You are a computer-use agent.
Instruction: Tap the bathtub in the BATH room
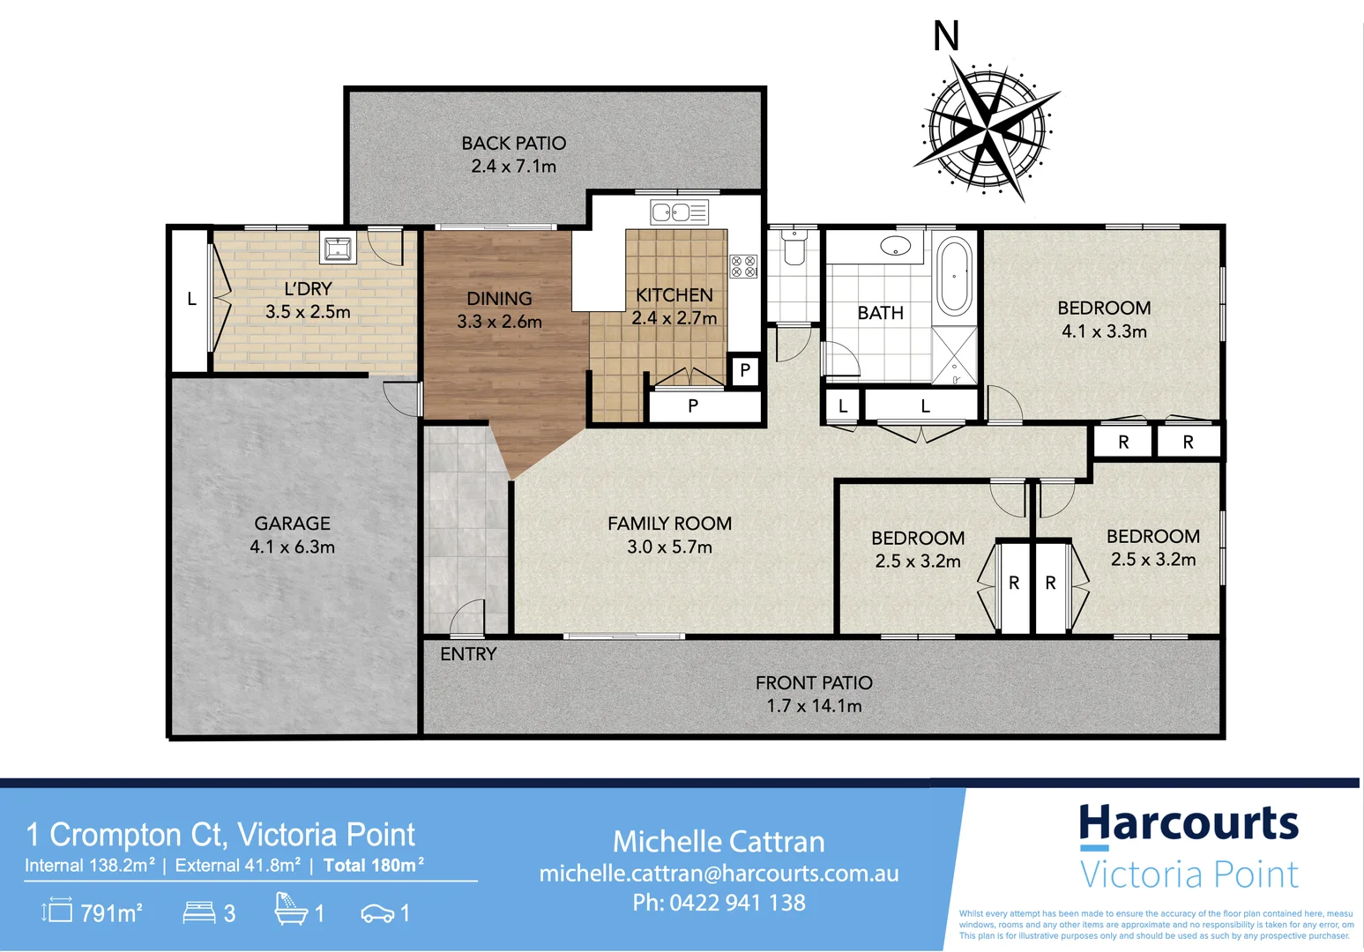[x=953, y=276]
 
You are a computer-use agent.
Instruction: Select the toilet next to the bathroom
[x=794, y=247]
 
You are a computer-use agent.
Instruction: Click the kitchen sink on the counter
[x=678, y=212]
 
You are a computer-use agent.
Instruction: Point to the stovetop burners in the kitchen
[x=743, y=265]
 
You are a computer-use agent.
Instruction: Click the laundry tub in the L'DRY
[x=338, y=249]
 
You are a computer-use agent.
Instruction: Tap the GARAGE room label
[x=292, y=524]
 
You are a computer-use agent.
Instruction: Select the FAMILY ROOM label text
[x=669, y=524]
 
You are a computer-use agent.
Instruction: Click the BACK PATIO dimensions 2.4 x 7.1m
[x=513, y=166]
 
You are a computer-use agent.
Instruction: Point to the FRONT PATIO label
[x=814, y=683]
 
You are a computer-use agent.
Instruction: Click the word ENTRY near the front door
[x=468, y=654]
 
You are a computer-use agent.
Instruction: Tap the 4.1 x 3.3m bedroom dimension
[x=1104, y=331]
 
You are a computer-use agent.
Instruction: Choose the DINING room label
[x=499, y=299]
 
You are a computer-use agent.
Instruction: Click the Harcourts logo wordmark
[x=1189, y=823]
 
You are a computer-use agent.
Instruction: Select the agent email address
[x=719, y=874]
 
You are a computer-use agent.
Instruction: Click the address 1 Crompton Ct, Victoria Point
[x=220, y=834]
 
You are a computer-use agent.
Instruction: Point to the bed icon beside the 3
[x=198, y=911]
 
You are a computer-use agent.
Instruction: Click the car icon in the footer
[x=377, y=914]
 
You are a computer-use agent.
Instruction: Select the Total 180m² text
[x=373, y=866]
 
